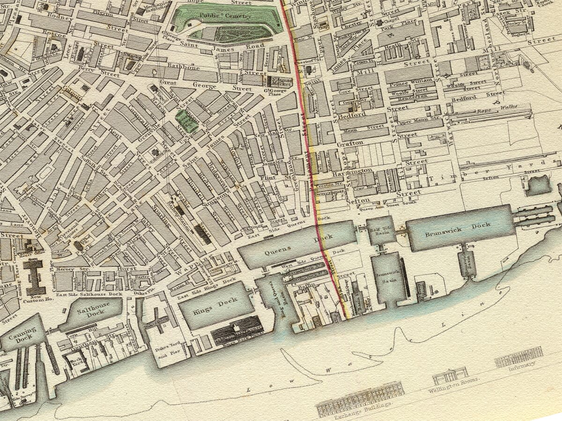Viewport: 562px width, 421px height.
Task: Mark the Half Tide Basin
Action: point(380,230)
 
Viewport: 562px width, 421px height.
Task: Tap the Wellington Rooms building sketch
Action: point(450,376)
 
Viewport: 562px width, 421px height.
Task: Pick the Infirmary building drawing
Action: point(519,356)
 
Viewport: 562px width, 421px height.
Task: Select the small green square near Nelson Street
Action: point(187,121)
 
